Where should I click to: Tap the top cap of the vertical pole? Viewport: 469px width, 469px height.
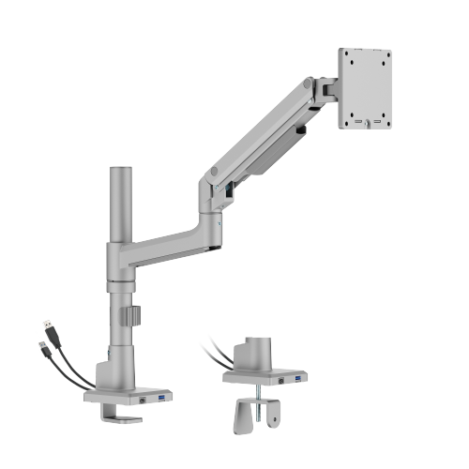(x=120, y=170)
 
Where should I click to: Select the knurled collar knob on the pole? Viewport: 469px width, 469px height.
(x=135, y=315)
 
